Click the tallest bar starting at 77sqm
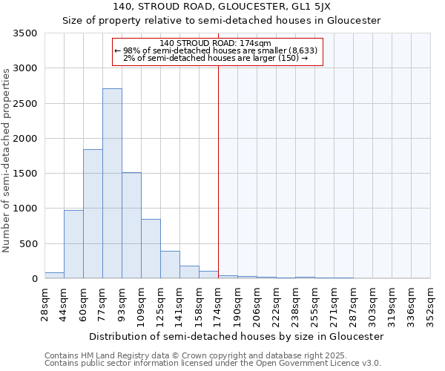pyautogui.click(x=112, y=183)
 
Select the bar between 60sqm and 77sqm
pyautogui.click(x=93, y=214)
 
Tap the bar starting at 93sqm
pyautogui.click(x=131, y=226)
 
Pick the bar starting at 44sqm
pyautogui.click(x=73, y=244)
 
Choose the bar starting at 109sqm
pyautogui.click(x=151, y=249)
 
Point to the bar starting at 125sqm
pyautogui.click(x=170, y=265)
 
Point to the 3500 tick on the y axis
pyautogui.click(x=27, y=33)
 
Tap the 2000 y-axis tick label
pyautogui.click(x=27, y=139)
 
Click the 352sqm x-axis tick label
pyautogui.click(x=430, y=303)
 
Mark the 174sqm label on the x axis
pyautogui.click(x=218, y=303)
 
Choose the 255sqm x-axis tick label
pyautogui.click(x=314, y=303)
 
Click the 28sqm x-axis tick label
pyautogui.click(x=44, y=303)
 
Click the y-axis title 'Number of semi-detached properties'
pyautogui.click(x=7, y=160)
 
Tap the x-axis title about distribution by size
pyautogui.click(x=236, y=336)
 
